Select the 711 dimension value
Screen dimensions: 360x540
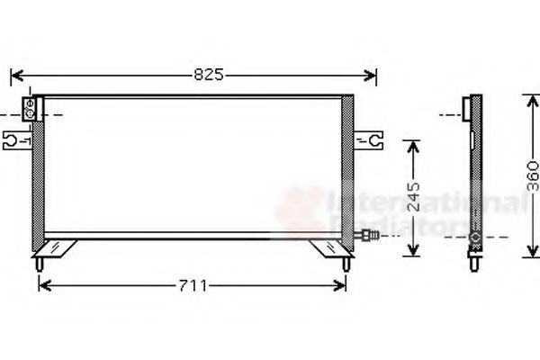tap(193, 286)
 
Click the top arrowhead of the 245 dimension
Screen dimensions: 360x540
tap(413, 144)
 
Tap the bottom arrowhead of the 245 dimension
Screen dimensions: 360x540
tap(413, 252)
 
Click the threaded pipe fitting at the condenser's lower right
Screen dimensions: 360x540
tap(368, 237)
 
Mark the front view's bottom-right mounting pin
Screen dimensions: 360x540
tap(346, 264)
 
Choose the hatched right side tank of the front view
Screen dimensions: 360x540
tap(349, 171)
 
